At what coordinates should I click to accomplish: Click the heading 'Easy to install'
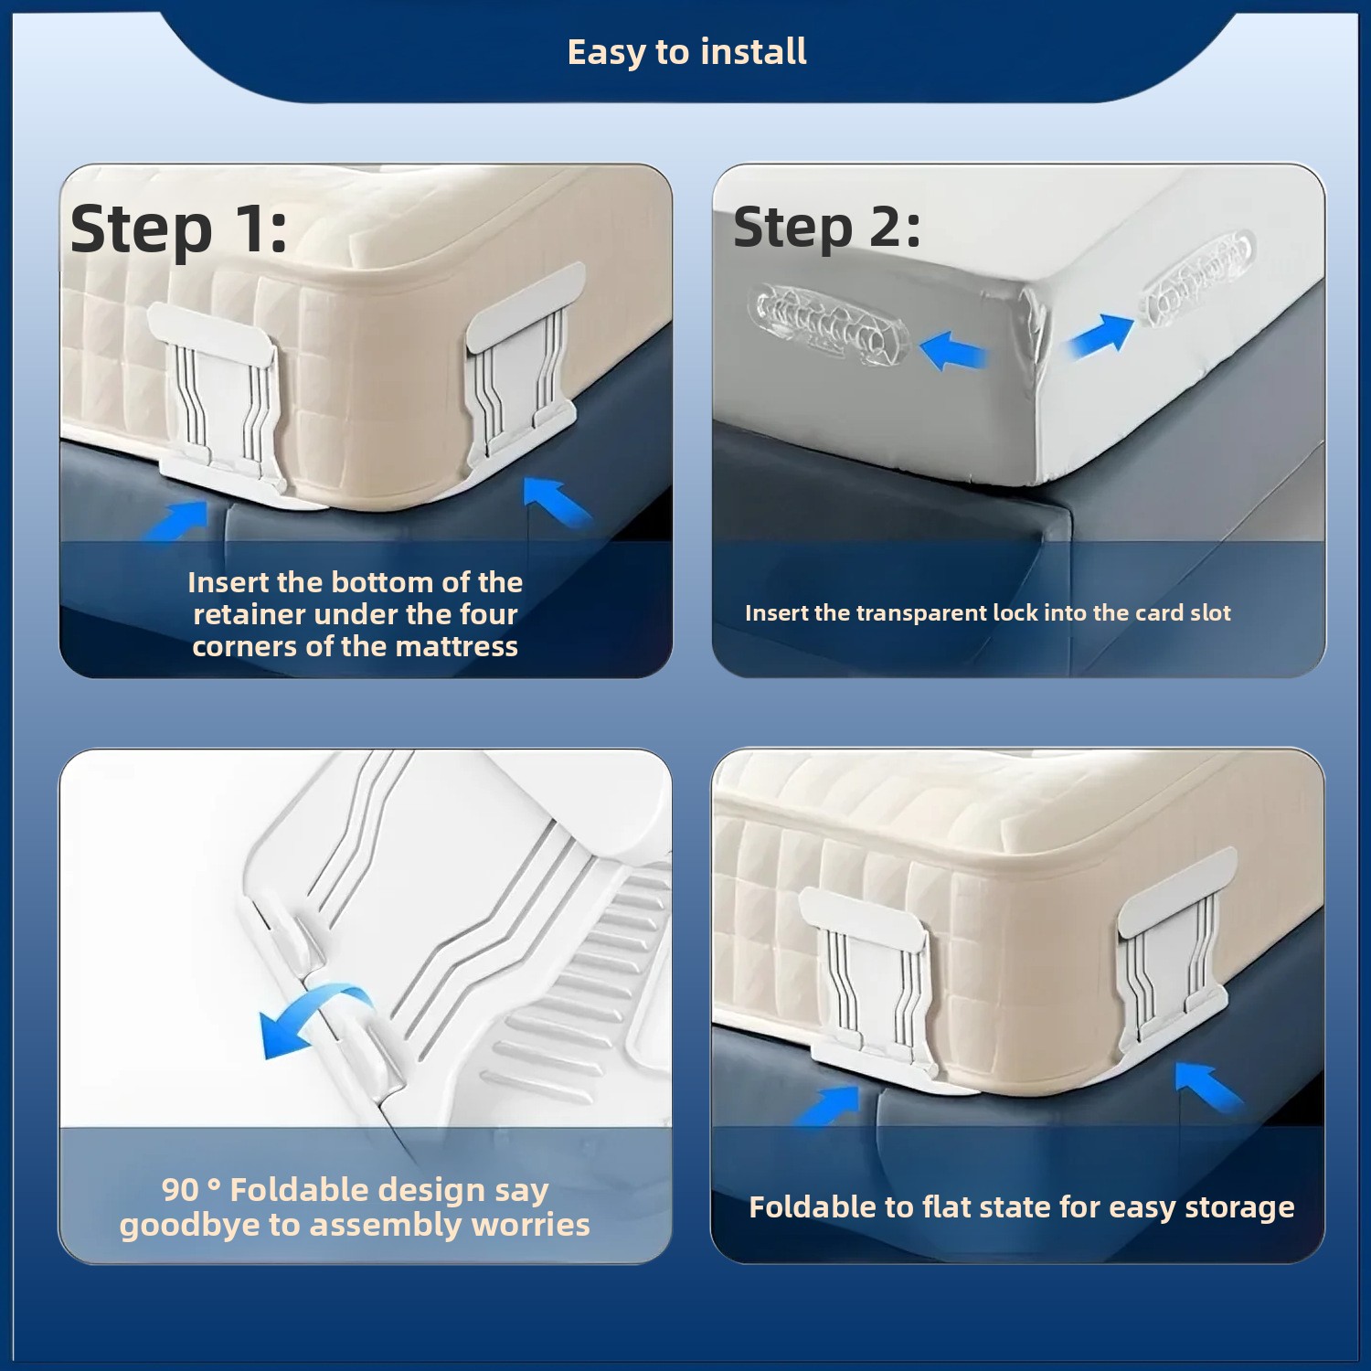pos(686,52)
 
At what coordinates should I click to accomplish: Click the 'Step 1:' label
pos(178,228)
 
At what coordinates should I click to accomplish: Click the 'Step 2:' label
pos(826,227)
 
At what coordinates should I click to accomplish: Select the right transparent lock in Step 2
pos(1197,272)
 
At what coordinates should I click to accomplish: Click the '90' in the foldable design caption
pos(180,1189)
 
